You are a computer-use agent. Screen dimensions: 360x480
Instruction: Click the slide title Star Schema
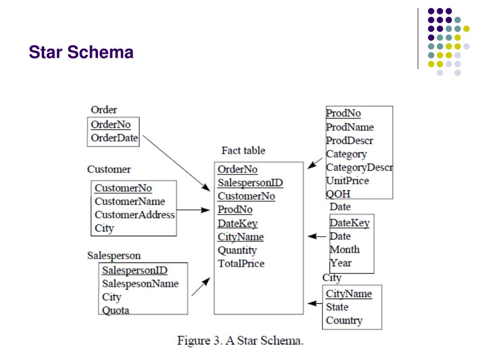coord(81,52)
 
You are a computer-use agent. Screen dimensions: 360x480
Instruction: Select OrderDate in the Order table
coord(114,138)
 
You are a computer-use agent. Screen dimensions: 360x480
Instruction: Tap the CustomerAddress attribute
coord(135,215)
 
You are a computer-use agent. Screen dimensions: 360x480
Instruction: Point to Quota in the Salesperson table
coord(115,310)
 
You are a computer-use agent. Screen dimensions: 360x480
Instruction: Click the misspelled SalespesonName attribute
coord(140,284)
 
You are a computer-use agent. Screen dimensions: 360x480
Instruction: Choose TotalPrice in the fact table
coord(241,263)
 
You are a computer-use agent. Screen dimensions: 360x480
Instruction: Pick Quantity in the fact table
coord(237,250)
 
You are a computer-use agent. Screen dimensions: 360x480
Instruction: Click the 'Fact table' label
coord(243,150)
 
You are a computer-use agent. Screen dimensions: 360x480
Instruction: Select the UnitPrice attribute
coord(347,180)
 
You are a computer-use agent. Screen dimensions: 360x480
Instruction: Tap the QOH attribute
coord(338,194)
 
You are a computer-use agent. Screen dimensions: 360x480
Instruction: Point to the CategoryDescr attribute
coord(359,167)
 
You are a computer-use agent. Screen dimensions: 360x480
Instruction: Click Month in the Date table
coord(345,249)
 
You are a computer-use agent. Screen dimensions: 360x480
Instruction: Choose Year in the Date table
coord(341,263)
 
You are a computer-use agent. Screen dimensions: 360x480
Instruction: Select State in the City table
coord(337,307)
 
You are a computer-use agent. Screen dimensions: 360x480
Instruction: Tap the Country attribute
coord(344,321)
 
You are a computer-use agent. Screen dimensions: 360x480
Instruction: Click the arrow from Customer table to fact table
coord(193,210)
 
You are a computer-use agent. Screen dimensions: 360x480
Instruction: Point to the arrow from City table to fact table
coord(315,304)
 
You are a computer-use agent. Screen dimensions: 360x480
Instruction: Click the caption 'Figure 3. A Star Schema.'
coord(240,340)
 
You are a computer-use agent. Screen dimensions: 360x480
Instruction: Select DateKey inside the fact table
coord(237,224)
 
